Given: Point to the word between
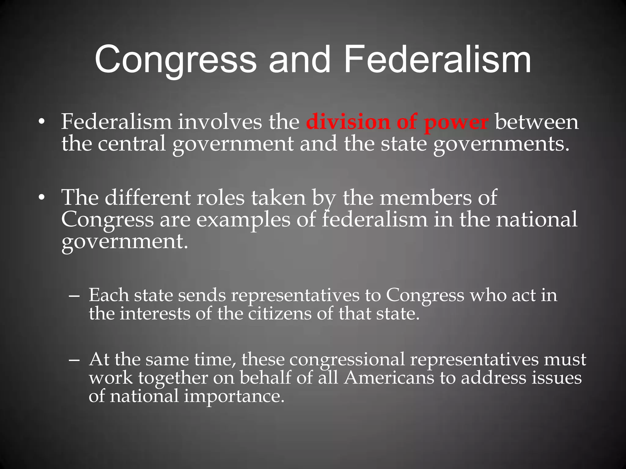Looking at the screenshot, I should coord(536,122).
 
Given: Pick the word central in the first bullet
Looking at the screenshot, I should coord(132,144).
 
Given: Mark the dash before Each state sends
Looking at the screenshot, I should coord(74,296).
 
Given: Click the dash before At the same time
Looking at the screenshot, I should coord(74,360).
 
